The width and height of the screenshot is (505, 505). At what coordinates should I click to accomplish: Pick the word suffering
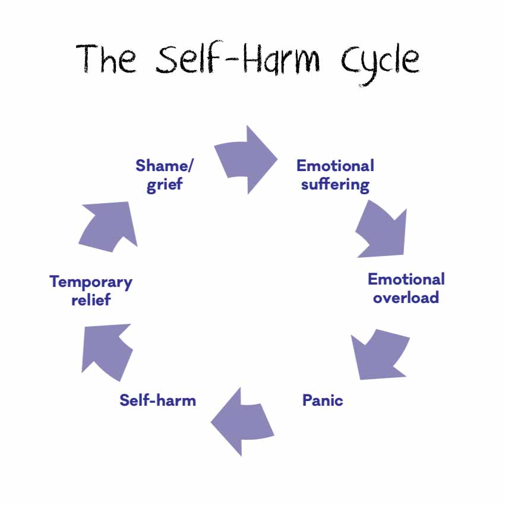coord(335,185)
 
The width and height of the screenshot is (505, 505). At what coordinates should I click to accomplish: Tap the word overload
coord(406,297)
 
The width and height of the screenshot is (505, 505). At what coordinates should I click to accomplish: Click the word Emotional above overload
coord(406,279)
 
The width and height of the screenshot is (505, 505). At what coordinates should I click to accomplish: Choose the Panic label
coord(323,400)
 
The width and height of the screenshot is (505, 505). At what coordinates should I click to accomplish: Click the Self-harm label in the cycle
coord(157,400)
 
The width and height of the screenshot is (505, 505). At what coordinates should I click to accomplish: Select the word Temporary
coord(91,281)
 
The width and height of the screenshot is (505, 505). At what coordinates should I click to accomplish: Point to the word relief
coord(91,299)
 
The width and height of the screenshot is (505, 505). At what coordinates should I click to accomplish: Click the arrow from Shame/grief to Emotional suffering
coord(245,159)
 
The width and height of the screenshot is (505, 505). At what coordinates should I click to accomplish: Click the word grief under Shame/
coord(165,184)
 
